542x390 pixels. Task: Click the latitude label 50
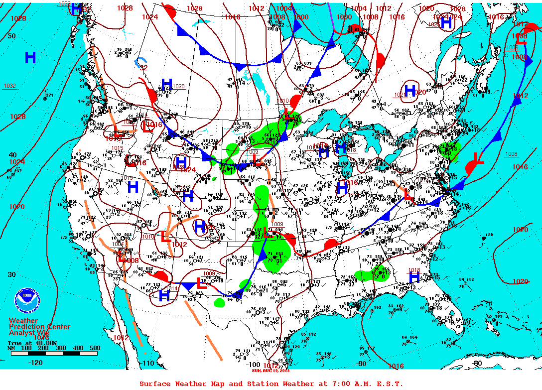[11, 36]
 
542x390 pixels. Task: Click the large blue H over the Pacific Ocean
[30, 58]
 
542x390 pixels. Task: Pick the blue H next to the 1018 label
[414, 277]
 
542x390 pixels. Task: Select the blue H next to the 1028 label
[166, 85]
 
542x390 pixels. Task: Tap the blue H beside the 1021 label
[409, 91]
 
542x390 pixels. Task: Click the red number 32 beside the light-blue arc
[143, 68]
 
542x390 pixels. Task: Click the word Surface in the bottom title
[155, 384]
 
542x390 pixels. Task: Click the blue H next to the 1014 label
[164, 295]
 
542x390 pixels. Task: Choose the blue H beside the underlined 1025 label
[446, 22]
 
